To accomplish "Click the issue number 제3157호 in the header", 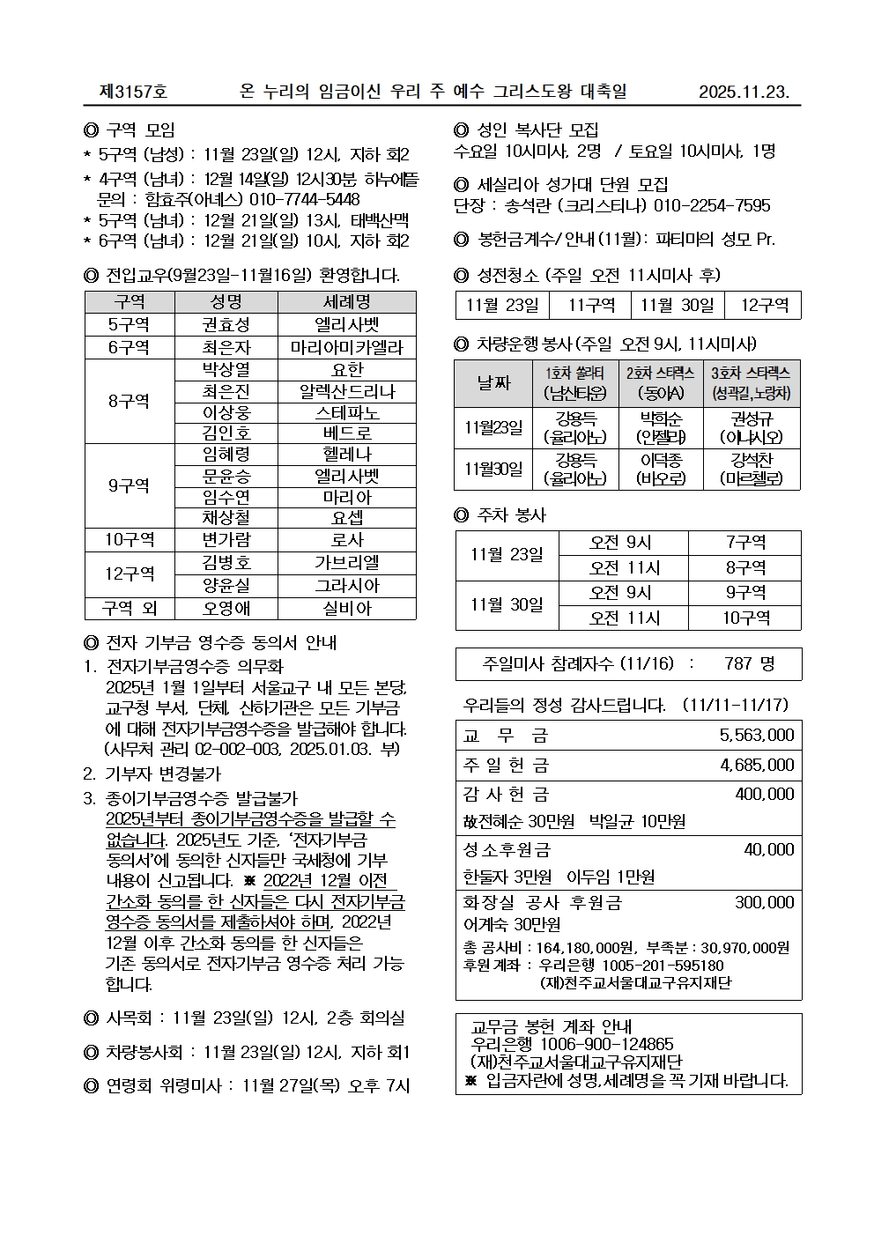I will point(133,92).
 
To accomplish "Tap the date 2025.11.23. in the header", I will point(744,92).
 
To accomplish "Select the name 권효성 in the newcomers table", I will point(226,325).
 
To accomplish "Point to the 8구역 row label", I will point(130,401).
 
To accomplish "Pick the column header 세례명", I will point(346,302).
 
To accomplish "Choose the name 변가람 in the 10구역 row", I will point(226,539).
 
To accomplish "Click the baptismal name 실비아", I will point(346,608).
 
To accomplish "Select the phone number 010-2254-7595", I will point(712,206).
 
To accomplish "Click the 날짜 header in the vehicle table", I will point(493,383).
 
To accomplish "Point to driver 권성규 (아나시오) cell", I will point(751,428).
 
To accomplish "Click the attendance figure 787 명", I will point(749,663).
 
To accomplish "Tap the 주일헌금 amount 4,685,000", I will point(756,765).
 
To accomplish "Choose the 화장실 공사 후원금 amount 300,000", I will point(764,902).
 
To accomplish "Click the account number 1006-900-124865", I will point(606,1045).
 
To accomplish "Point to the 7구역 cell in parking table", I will point(744,543).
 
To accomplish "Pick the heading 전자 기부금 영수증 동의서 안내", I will point(221,643).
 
